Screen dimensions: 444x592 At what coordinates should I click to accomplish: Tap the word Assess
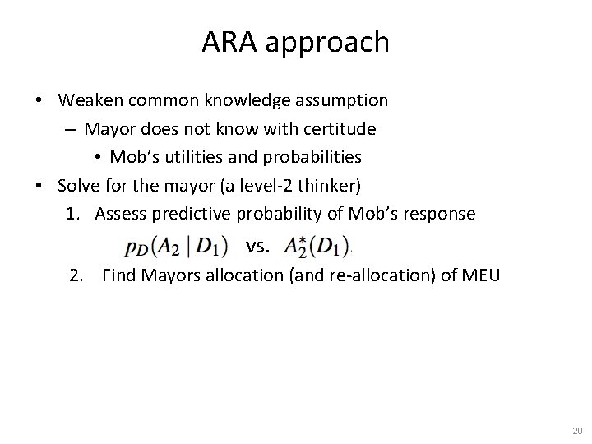(123, 214)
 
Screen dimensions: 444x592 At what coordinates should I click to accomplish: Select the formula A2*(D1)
(316, 245)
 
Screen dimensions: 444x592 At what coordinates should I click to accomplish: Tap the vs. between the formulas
(257, 245)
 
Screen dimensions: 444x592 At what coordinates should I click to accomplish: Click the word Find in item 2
(119, 275)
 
